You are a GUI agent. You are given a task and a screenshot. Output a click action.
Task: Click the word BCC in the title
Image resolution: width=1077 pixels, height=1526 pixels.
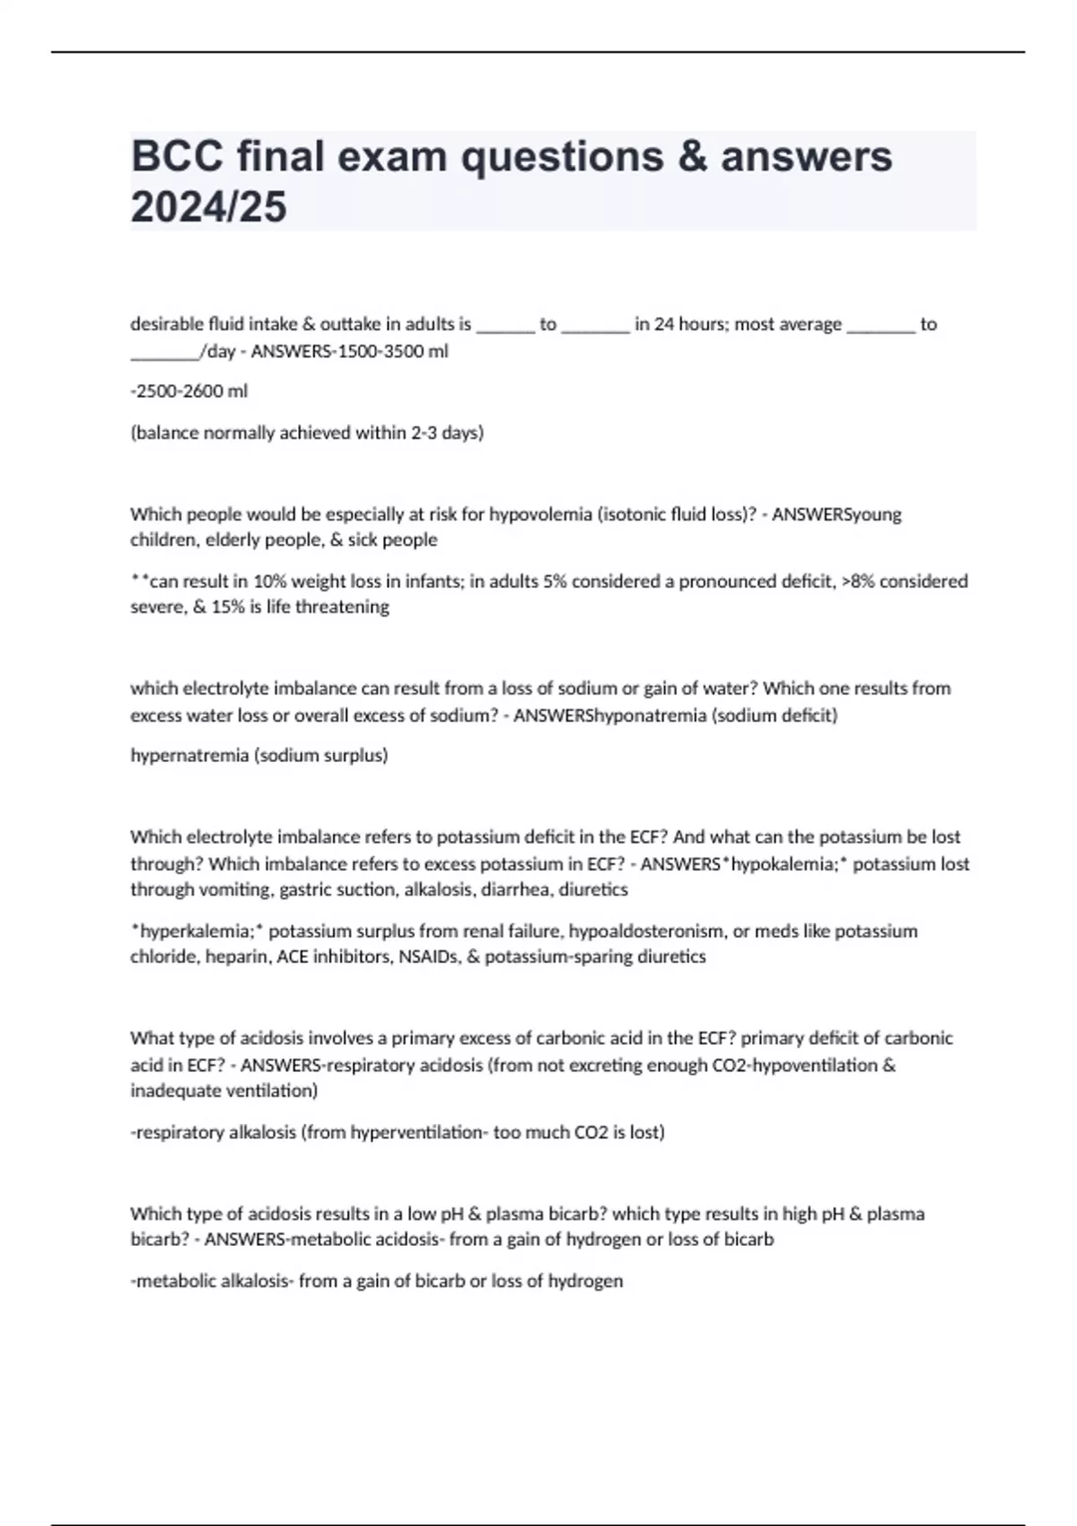point(177,156)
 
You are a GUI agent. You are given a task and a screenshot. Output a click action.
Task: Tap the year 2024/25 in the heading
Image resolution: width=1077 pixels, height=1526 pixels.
point(208,207)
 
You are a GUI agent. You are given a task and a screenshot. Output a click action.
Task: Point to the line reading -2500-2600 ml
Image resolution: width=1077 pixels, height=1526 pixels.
point(189,391)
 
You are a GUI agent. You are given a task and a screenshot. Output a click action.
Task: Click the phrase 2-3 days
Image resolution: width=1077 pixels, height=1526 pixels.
point(447,433)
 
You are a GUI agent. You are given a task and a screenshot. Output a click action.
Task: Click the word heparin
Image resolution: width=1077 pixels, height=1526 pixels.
point(238,957)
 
